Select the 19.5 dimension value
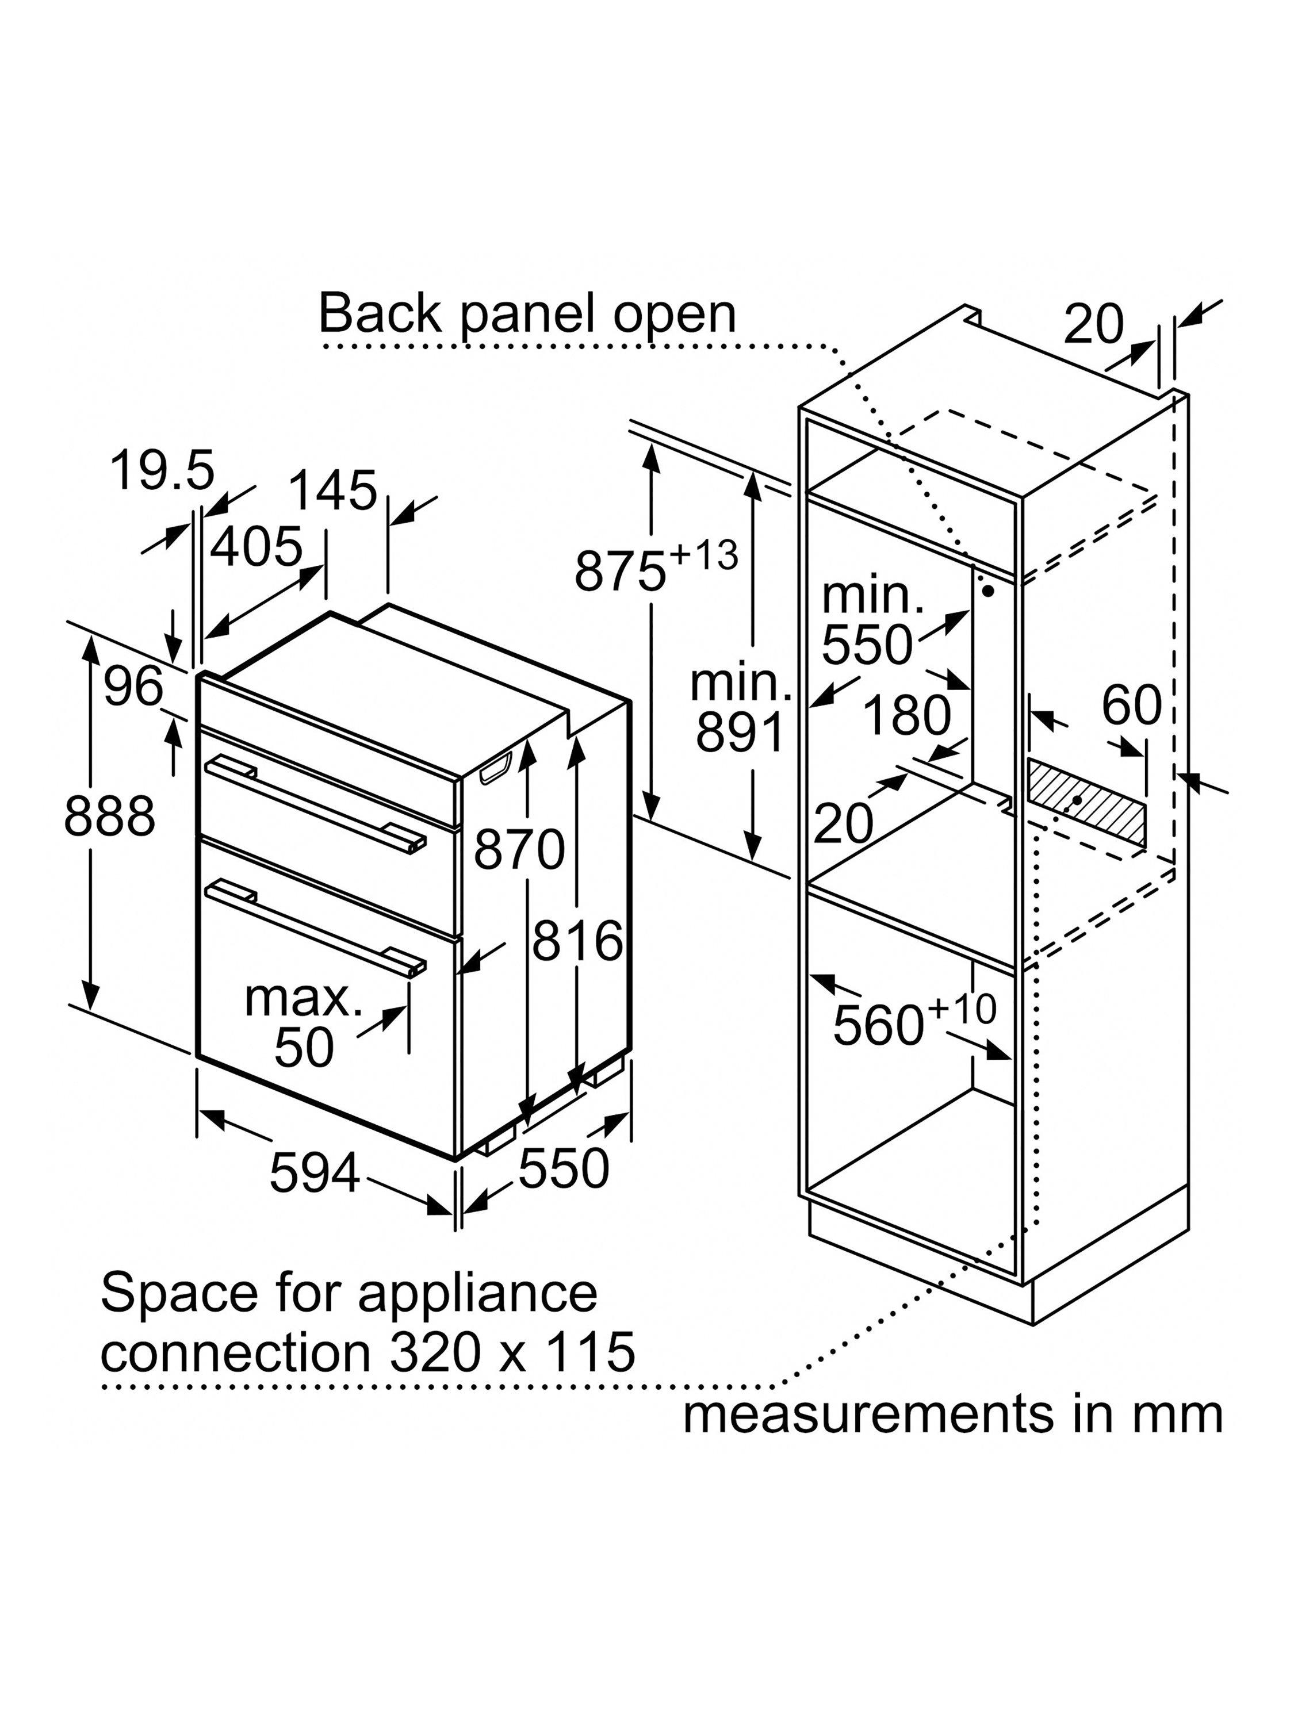click(x=162, y=471)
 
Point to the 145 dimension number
click(x=332, y=490)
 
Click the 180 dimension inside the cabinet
click(x=908, y=715)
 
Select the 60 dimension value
click(x=1131, y=705)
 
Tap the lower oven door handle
click(x=315, y=926)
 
